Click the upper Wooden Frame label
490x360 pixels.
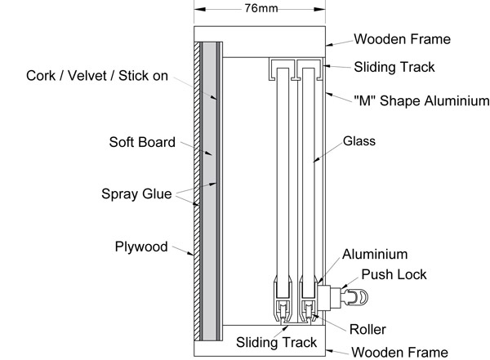click(401, 38)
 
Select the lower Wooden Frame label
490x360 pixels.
click(400, 353)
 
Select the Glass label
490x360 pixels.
click(359, 141)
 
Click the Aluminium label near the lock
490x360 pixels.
click(375, 255)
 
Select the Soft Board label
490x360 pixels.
click(142, 142)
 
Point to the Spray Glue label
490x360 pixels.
click(136, 194)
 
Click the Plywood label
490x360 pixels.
click(141, 246)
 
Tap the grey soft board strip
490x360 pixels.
click(210, 188)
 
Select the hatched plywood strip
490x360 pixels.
click(197, 188)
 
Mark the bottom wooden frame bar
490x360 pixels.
click(260, 349)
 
